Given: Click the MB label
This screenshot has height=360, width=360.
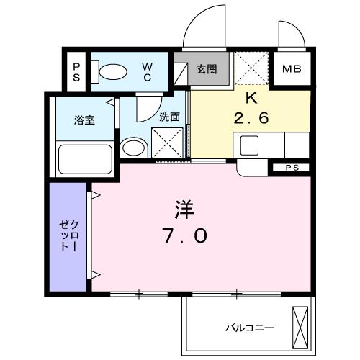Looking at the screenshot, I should click(292, 70).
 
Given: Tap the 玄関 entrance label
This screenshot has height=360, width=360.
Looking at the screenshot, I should click(207, 69).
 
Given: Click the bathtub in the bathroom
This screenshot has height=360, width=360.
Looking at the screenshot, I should click(84, 156).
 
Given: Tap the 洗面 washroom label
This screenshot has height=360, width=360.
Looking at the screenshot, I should click(168, 116).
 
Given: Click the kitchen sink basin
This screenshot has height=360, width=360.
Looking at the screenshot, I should click(249, 145).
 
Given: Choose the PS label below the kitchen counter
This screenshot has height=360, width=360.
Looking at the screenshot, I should click(291, 167).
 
